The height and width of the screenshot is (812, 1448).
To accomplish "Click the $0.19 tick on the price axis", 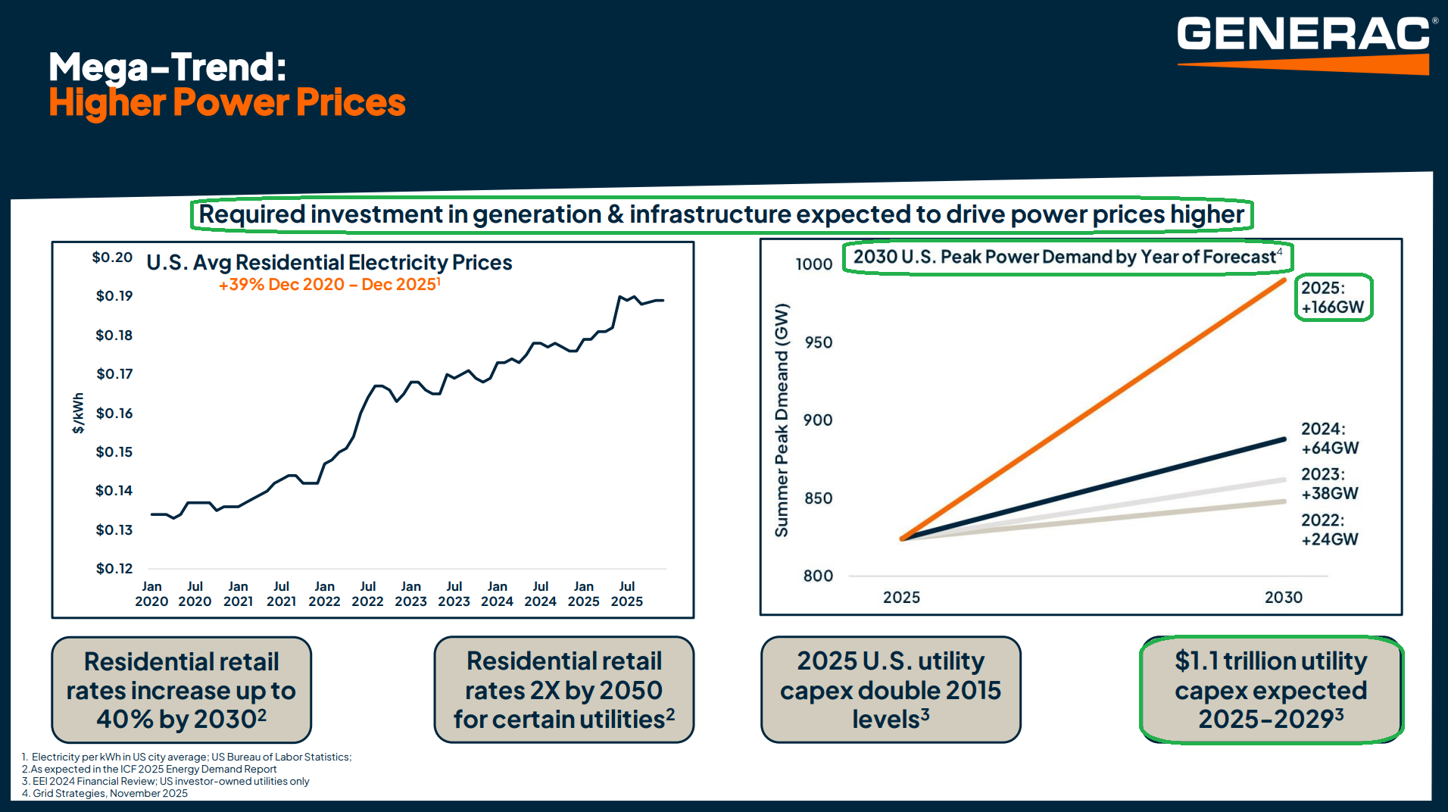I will tap(114, 296).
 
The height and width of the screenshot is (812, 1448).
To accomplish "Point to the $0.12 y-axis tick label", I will tap(114, 569).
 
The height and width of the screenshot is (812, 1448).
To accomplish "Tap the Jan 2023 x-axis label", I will tap(410, 594).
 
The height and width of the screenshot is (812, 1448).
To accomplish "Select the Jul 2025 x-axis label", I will tap(626, 594).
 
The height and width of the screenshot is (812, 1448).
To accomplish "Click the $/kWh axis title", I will tap(78, 413).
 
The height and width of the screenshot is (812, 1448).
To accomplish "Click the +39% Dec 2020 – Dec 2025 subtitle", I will tap(329, 285).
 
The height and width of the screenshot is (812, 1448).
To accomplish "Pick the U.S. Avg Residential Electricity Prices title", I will tap(329, 263).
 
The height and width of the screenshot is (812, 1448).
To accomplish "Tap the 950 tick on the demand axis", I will tap(818, 342).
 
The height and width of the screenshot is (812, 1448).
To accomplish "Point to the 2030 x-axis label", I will tap(1283, 598).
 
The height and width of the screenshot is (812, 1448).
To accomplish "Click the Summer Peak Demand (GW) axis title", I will tap(782, 420).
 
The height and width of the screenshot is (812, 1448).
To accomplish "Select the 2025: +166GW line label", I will tap(1332, 298).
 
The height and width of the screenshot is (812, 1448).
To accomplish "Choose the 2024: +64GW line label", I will tap(1329, 439).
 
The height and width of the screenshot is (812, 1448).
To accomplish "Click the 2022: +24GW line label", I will tap(1329, 529).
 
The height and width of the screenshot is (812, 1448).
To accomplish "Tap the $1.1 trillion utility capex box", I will tap(1271, 690).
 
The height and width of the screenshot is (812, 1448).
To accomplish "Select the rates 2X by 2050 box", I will tap(563, 690).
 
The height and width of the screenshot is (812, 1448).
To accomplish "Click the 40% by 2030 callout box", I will tap(181, 690).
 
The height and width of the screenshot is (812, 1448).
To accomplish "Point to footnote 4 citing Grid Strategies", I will tap(105, 794).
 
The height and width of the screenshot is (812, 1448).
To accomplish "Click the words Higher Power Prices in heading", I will tap(227, 102).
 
